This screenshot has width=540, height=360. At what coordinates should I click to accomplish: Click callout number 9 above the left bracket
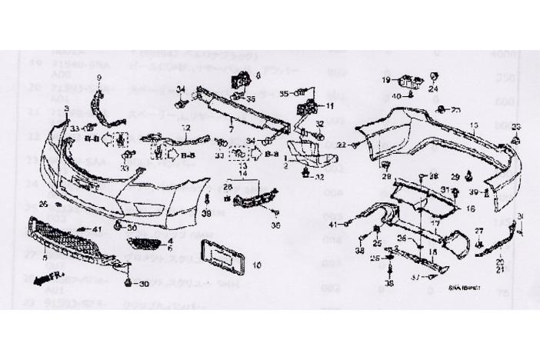pos(98,79)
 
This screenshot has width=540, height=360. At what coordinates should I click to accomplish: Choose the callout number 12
pos(185,126)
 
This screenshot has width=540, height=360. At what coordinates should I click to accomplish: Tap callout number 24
pos(434,88)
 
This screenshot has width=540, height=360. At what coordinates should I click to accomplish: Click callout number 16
pos(471,208)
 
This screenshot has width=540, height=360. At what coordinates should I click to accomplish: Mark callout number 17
pos(435,224)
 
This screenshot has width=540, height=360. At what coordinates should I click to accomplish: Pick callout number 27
pos(478,231)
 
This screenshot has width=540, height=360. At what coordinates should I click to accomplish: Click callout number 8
pos(258,75)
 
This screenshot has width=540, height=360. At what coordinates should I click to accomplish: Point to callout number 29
pos(455,177)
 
